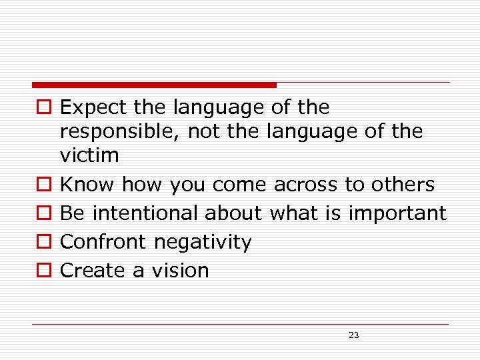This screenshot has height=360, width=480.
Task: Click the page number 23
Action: click(353, 335)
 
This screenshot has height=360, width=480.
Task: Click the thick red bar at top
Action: click(154, 85)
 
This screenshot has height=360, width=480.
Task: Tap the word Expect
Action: click(94, 107)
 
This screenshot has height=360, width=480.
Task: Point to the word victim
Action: click(89, 155)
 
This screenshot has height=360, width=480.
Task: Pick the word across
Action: click(306, 184)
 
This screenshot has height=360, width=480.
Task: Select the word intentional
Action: click(145, 213)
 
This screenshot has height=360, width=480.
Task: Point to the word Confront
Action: click(104, 241)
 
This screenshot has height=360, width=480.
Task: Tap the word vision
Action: click(181, 270)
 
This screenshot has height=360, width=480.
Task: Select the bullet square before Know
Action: click(44, 185)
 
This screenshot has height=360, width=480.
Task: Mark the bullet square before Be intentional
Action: click(44, 213)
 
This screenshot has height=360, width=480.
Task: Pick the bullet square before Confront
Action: click(44, 242)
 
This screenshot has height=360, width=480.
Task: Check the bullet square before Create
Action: click(44, 271)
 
